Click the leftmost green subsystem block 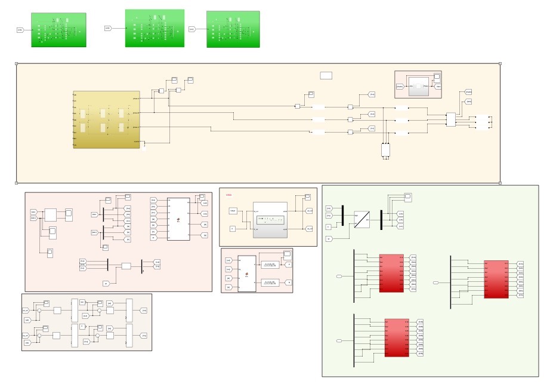click(58, 30)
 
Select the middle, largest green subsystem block click(154, 28)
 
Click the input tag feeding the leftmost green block click(20, 29)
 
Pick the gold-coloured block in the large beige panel click(106, 119)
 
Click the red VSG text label click(228, 195)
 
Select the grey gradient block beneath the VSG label click(270, 219)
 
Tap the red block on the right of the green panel click(496, 279)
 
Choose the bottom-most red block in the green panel click(397, 337)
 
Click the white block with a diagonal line click(361, 219)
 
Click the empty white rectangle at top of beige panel click(326, 75)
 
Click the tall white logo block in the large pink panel click(178, 219)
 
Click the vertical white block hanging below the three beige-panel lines click(385, 149)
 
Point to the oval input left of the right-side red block click(435, 282)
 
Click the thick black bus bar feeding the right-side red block click(450, 282)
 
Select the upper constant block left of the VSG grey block click(233, 211)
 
